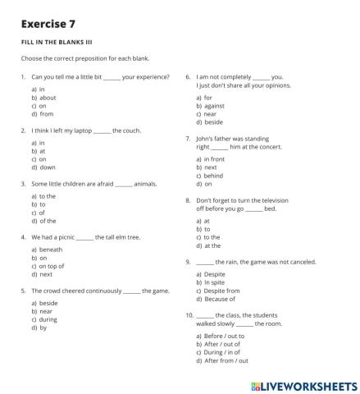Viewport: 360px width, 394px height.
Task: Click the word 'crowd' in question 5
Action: (x=52, y=290)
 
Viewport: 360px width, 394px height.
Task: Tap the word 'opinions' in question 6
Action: (x=274, y=85)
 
